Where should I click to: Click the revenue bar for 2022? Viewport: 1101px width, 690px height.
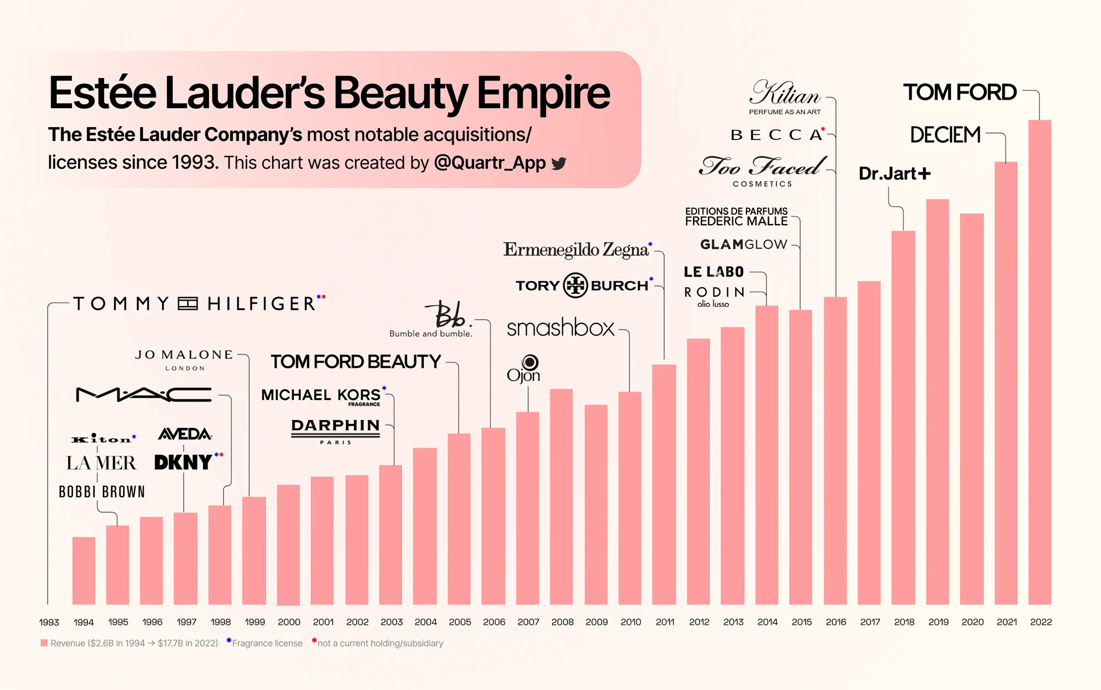tap(1039, 363)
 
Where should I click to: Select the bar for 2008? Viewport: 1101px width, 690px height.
tap(562, 496)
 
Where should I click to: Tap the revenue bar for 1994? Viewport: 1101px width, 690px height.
tap(84, 570)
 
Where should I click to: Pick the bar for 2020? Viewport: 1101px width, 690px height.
tap(972, 408)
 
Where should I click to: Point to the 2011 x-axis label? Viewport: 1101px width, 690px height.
tap(665, 622)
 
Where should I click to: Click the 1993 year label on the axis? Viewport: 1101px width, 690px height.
tap(49, 622)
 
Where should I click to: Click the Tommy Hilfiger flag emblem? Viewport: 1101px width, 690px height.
tap(188, 303)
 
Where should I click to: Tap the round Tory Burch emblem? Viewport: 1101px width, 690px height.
tap(575, 285)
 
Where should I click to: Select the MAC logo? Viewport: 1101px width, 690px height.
tap(144, 394)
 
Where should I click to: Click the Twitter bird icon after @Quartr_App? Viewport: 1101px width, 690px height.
tap(559, 164)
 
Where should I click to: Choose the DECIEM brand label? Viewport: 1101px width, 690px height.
tap(945, 135)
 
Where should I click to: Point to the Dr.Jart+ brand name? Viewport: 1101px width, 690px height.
tap(895, 173)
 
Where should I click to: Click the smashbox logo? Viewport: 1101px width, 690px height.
tap(560, 328)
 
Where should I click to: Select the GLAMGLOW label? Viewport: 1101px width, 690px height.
tap(743, 244)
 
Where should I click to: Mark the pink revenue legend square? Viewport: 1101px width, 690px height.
tap(44, 643)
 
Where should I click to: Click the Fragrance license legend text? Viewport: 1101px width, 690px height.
tap(267, 643)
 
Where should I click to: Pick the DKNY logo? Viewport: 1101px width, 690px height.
tap(183, 462)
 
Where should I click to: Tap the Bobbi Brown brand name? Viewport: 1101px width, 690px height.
tap(102, 492)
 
